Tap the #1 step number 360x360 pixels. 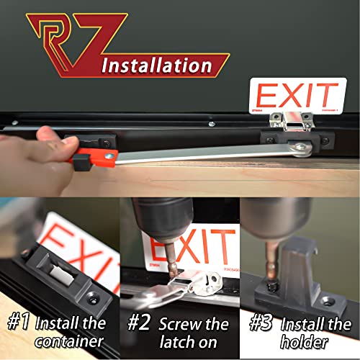pyautogui.click(x=19, y=322)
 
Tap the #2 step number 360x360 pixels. pyautogui.click(x=138, y=322)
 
